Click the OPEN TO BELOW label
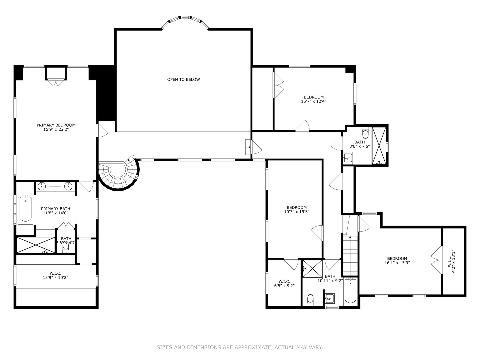tap(183, 79)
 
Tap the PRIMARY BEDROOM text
tap(56, 125)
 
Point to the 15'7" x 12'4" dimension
tap(313, 101)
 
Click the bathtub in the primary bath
tap(25, 209)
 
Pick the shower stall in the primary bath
tap(36, 245)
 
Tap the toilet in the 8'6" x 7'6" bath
tap(365, 133)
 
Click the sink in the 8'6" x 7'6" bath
tap(348, 157)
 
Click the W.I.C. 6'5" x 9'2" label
tap(284, 283)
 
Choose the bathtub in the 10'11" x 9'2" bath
tap(350, 290)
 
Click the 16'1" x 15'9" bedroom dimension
tap(397, 263)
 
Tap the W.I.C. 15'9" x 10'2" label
tap(55, 275)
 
